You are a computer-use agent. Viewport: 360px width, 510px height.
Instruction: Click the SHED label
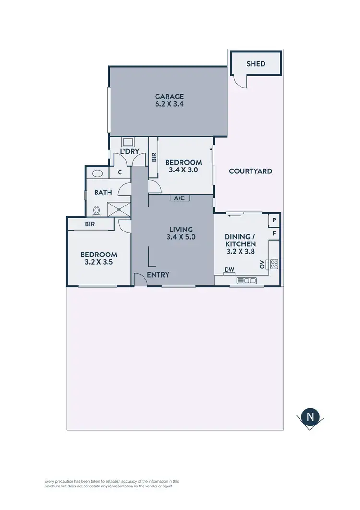click(x=256, y=64)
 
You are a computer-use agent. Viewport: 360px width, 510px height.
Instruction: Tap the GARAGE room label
click(x=169, y=97)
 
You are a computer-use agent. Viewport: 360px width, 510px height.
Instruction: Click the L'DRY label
click(x=130, y=151)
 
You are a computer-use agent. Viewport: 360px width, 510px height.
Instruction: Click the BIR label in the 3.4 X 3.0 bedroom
click(x=154, y=157)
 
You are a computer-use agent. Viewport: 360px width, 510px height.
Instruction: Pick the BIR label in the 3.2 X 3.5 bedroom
click(x=90, y=224)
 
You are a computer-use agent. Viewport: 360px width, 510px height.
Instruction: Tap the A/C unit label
click(x=180, y=198)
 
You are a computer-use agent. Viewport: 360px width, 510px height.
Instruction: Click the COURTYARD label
click(x=251, y=171)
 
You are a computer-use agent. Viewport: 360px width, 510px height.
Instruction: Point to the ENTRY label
click(x=158, y=275)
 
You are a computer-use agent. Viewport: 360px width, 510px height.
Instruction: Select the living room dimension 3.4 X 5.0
click(x=180, y=237)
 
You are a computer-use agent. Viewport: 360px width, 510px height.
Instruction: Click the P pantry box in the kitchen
click(x=274, y=220)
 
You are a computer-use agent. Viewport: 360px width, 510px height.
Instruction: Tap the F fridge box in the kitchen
click(x=274, y=233)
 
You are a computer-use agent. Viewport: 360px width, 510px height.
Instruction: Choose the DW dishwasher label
click(x=230, y=270)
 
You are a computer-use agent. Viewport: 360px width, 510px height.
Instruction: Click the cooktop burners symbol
click(x=275, y=264)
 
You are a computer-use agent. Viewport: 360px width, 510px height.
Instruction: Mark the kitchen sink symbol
click(x=247, y=280)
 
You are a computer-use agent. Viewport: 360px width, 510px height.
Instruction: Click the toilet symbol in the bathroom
click(x=96, y=210)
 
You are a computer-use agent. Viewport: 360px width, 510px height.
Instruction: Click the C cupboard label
click(x=120, y=172)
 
